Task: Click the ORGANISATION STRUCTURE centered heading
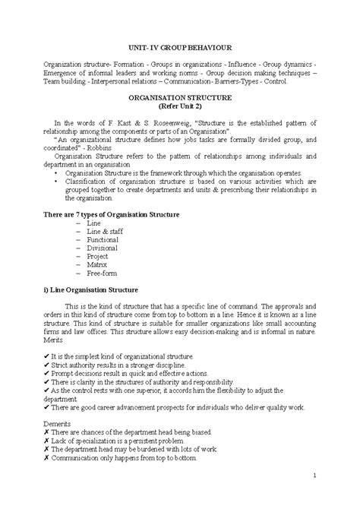pyautogui.click(x=180, y=99)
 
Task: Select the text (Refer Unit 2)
pyautogui.click(x=180, y=108)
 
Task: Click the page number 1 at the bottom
pyautogui.click(x=313, y=476)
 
